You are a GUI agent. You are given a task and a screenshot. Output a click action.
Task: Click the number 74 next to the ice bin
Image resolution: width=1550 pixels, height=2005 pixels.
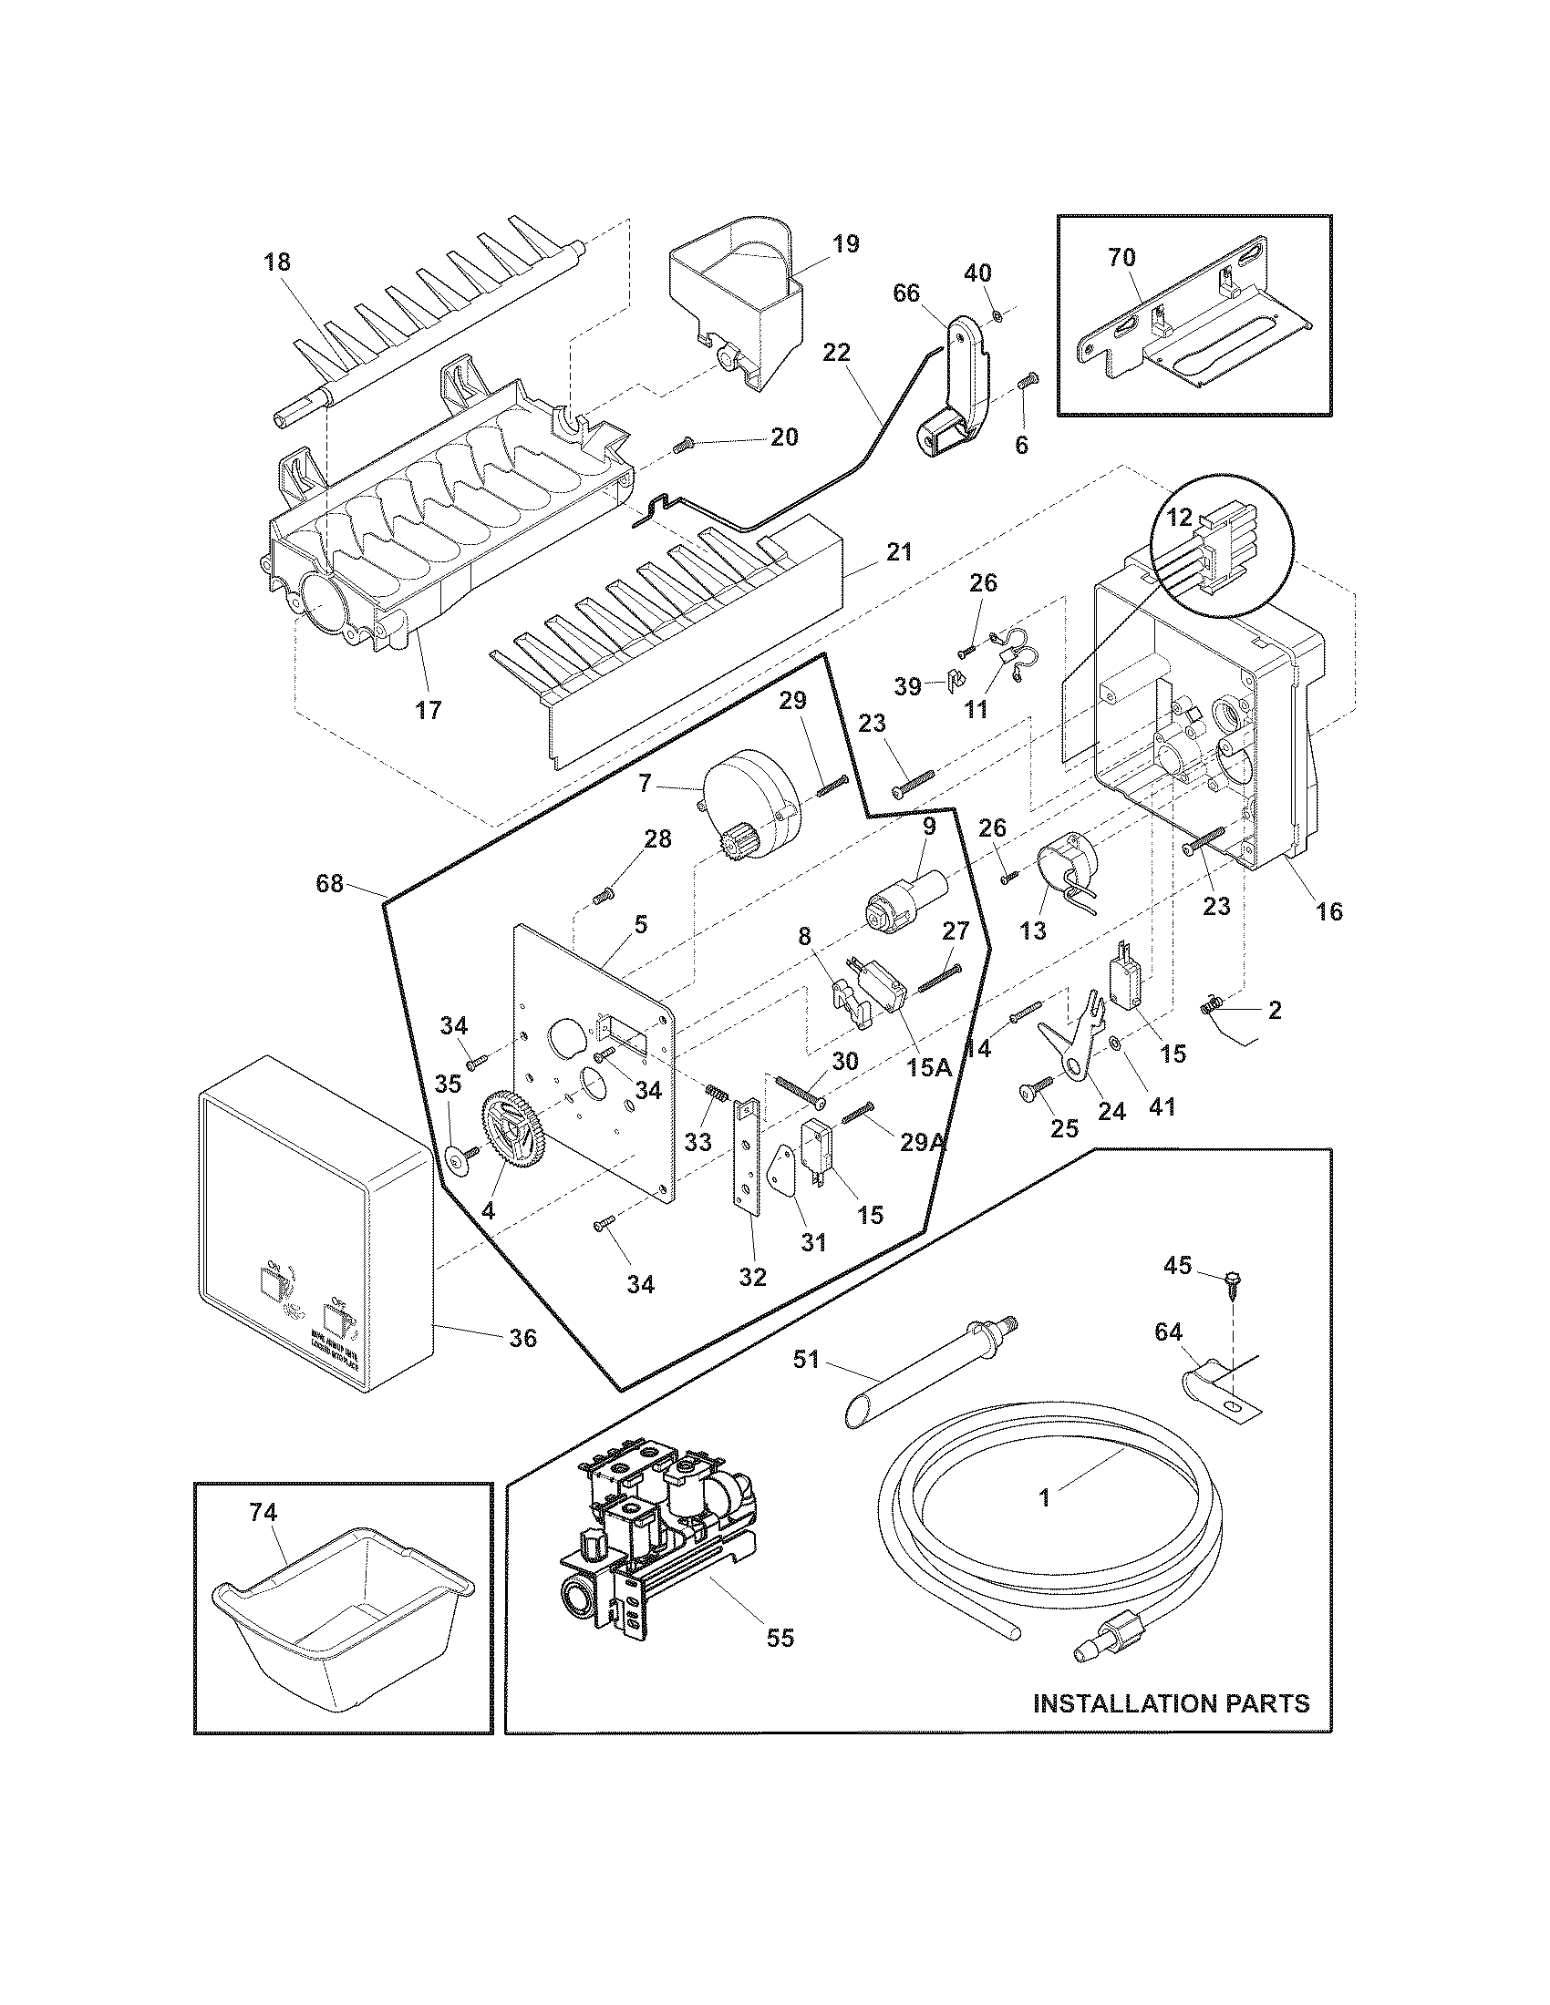coord(263,1512)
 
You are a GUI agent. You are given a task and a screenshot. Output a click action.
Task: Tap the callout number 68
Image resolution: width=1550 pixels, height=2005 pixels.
coord(329,884)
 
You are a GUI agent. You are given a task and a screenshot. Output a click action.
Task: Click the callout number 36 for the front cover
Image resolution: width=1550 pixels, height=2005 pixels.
coord(523,1338)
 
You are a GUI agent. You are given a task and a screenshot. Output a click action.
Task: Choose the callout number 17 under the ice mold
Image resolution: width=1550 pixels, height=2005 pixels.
coord(428,710)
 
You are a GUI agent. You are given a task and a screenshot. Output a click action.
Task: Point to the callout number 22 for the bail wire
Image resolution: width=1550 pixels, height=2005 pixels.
coord(836,353)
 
